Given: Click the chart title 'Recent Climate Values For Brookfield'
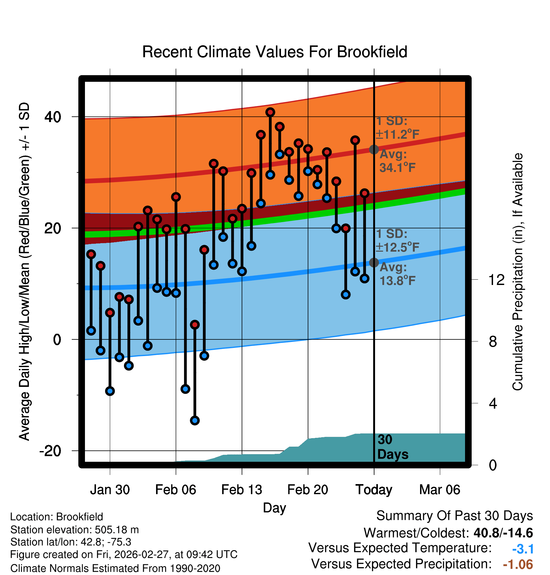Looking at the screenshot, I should (x=275, y=52).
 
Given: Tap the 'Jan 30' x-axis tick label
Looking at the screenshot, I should (x=110, y=490).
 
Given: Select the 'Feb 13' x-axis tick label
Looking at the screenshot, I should (x=242, y=490).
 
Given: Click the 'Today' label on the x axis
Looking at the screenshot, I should (x=374, y=490).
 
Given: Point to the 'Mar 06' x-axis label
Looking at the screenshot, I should (x=440, y=490).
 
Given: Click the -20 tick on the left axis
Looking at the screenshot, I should (x=50, y=451).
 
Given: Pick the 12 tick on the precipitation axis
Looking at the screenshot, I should (x=496, y=280).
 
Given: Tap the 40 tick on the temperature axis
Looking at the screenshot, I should (x=53, y=117).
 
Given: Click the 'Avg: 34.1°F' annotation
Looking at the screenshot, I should (x=397, y=161).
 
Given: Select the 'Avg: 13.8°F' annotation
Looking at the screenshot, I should (x=397, y=274).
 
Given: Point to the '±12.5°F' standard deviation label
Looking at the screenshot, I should (x=397, y=248).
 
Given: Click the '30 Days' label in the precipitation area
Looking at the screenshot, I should (x=392, y=447).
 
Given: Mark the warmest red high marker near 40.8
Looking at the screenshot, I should (x=270, y=112).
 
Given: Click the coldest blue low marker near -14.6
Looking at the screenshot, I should (x=195, y=421).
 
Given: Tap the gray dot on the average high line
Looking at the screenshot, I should (x=374, y=149).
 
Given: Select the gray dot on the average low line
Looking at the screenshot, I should (x=374, y=262).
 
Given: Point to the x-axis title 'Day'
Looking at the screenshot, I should (x=274, y=508).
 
